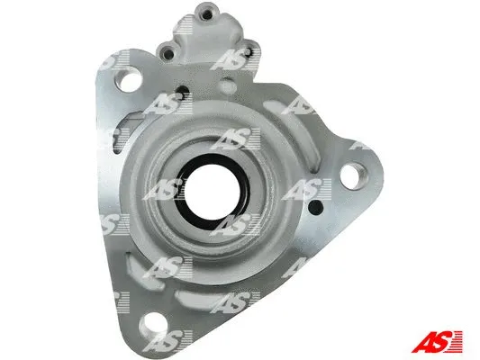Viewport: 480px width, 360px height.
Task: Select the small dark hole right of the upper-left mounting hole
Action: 183,92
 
